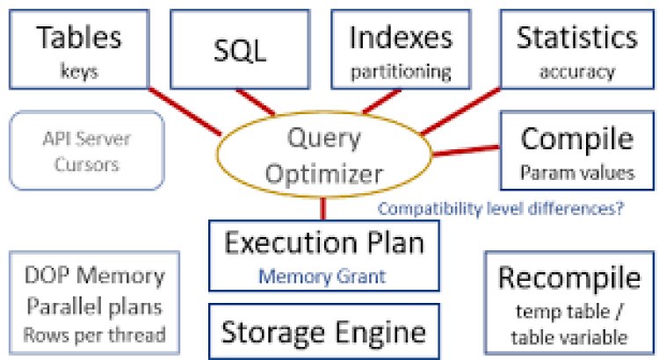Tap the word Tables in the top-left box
[x=80, y=37]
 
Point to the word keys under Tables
[x=80, y=71]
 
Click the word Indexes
[x=401, y=37]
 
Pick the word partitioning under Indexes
[x=401, y=71]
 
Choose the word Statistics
[x=576, y=37]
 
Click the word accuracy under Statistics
[x=576, y=71]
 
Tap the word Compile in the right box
[x=576, y=139]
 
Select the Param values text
[x=576, y=172]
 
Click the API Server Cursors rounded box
[x=86, y=151]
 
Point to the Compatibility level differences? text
[x=502, y=209]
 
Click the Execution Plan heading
[x=324, y=243]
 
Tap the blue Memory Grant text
[x=324, y=277]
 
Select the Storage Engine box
[x=323, y=332]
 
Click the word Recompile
[x=569, y=278]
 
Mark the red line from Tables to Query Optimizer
[x=181, y=111]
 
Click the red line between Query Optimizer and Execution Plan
[x=323, y=207]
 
